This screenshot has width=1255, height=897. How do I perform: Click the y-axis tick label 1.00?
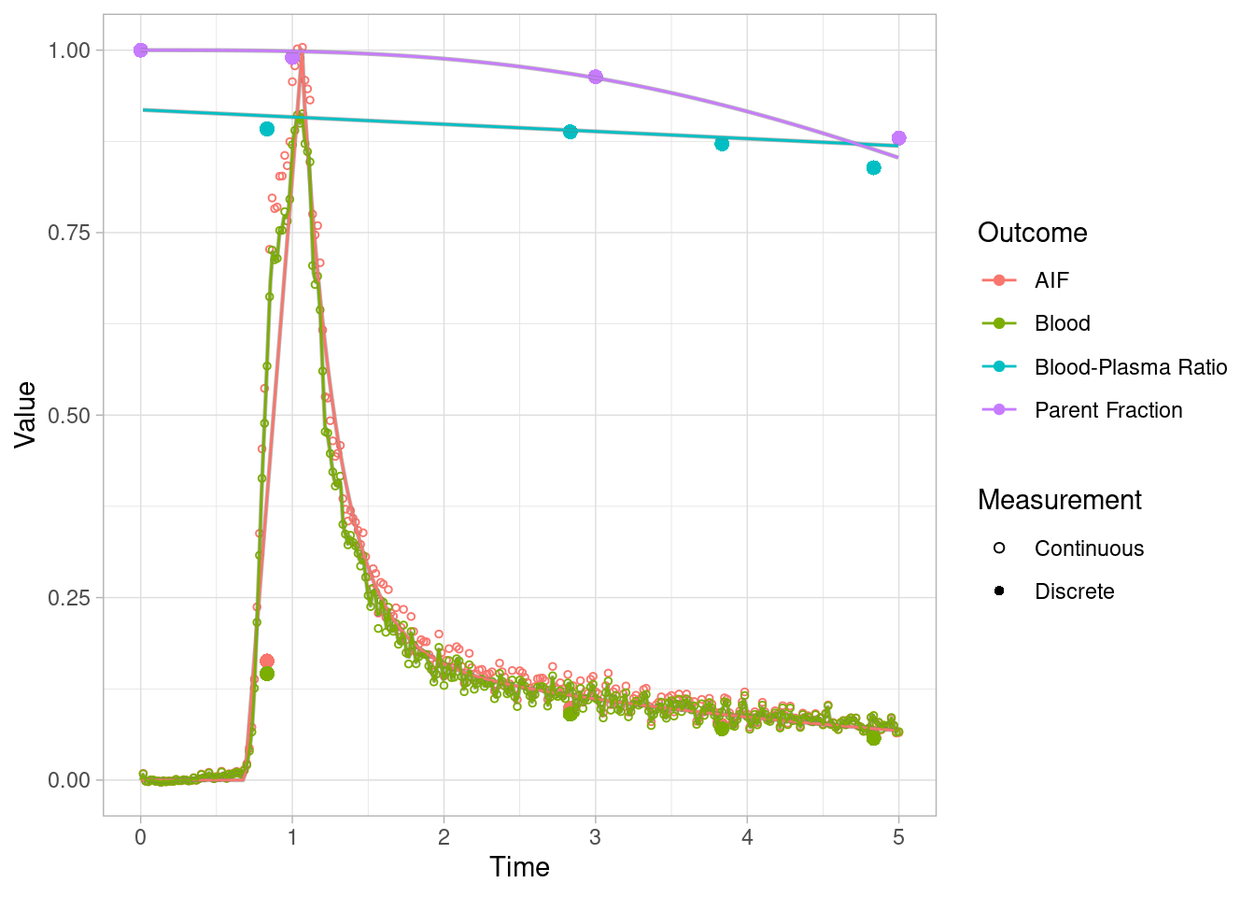(x=68, y=50)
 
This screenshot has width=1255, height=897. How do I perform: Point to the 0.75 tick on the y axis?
(x=68, y=233)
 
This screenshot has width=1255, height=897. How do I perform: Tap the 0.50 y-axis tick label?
(x=68, y=415)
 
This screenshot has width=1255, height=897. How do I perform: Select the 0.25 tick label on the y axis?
(x=68, y=598)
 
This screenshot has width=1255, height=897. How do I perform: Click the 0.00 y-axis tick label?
(x=68, y=780)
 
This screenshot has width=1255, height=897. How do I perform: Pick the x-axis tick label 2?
(x=444, y=837)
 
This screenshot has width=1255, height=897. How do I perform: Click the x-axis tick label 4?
(x=747, y=837)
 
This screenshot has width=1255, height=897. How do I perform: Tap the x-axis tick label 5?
(x=898, y=837)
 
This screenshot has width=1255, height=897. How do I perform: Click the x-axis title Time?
(x=519, y=867)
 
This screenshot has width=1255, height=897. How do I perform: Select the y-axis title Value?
(x=25, y=415)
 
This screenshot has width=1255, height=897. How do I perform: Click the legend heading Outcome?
(x=1032, y=233)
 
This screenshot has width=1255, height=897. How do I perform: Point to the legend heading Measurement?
(x=1059, y=500)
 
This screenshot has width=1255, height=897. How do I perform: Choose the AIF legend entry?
(x=1051, y=280)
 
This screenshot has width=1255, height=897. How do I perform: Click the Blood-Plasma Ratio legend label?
(x=1130, y=367)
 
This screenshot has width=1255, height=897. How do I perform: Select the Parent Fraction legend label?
(x=1107, y=410)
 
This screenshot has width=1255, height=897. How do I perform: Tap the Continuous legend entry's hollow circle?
(x=999, y=548)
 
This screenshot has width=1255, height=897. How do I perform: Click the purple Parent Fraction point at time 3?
(x=596, y=77)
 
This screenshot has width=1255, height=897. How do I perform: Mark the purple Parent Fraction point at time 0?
(x=140, y=50)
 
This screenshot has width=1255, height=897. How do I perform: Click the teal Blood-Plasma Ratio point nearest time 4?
(x=722, y=144)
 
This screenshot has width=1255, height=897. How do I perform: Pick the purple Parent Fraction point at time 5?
(x=898, y=138)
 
